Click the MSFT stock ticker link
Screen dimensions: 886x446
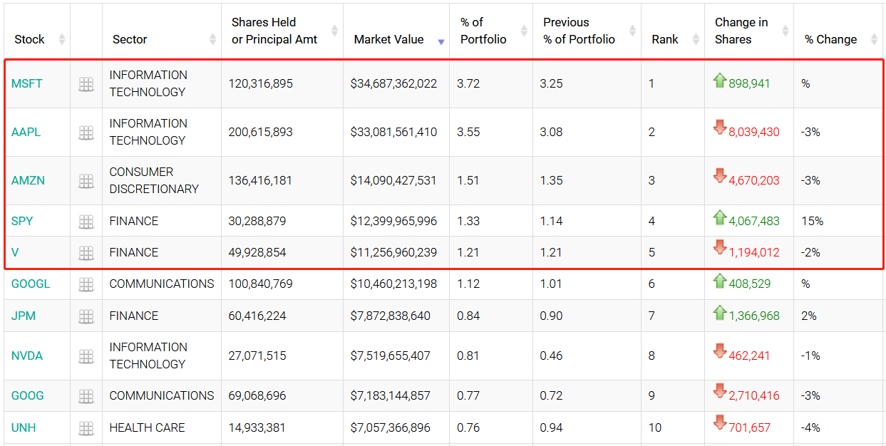(26, 83)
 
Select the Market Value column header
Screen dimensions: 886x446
(388, 39)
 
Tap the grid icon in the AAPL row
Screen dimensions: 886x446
(86, 132)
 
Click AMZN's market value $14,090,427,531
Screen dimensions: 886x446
(393, 180)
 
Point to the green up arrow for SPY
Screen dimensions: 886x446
(720, 217)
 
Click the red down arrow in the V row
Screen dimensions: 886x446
(720, 247)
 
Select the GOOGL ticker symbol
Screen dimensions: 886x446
(31, 284)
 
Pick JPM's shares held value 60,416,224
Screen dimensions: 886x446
(257, 316)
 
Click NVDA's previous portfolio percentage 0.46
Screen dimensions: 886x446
(551, 356)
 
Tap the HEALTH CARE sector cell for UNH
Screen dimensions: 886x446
(147, 427)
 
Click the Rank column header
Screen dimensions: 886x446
(665, 39)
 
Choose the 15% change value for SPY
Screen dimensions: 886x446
(812, 221)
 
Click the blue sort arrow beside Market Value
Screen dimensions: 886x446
(441, 42)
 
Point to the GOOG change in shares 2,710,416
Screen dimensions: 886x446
(754, 395)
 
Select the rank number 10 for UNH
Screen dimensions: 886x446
(654, 427)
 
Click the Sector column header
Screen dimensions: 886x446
(130, 39)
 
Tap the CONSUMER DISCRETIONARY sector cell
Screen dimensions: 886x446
(154, 180)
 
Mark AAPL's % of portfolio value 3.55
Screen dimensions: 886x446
(468, 132)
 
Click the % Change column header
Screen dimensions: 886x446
(830, 39)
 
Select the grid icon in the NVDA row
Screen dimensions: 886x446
(86, 356)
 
